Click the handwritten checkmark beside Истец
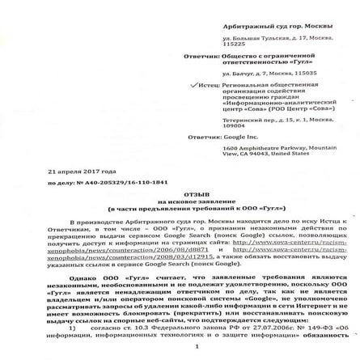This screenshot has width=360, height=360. [x=191, y=83]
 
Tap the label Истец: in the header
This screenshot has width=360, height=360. [x=208, y=83]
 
